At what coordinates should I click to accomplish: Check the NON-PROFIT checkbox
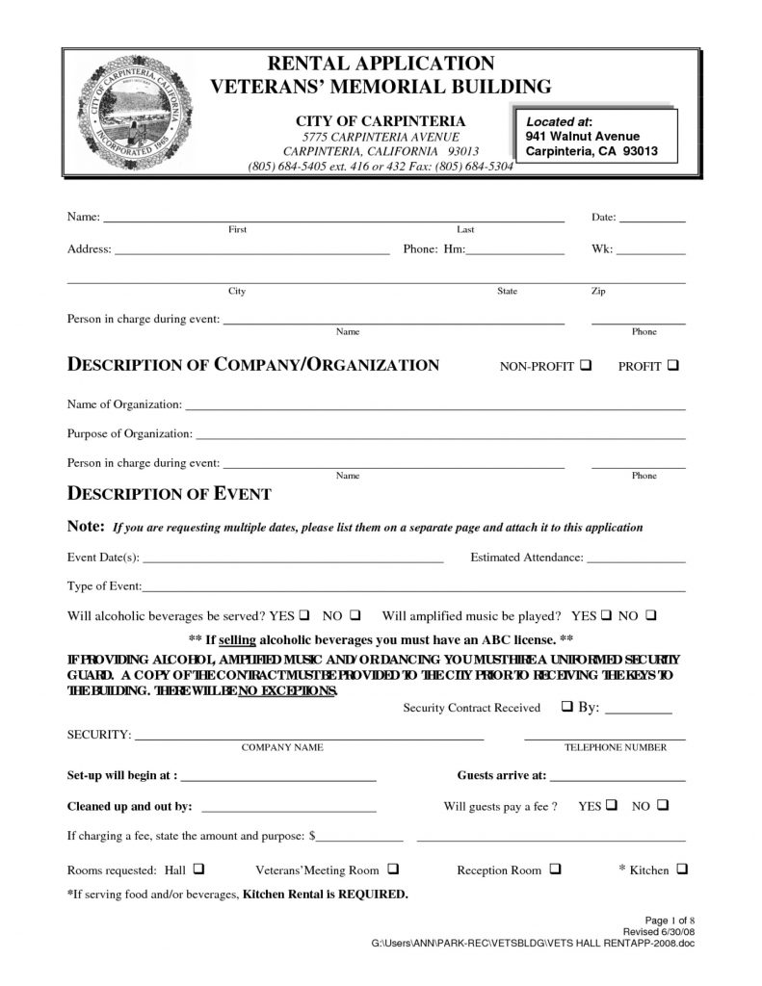pos(587,367)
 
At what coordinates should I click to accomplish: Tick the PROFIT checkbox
pos(670,367)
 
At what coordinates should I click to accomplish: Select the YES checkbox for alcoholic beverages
pos(304,614)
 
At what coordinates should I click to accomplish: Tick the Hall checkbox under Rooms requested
pos(197,869)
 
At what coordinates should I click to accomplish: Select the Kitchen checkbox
pos(682,869)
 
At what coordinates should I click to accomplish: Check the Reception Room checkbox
pos(556,869)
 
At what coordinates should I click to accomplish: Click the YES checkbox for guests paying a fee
pos(612,805)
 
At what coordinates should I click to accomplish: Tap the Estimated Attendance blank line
pos(636,560)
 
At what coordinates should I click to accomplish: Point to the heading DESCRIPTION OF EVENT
pos(169,495)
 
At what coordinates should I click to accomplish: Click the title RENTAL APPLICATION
pos(381,65)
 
